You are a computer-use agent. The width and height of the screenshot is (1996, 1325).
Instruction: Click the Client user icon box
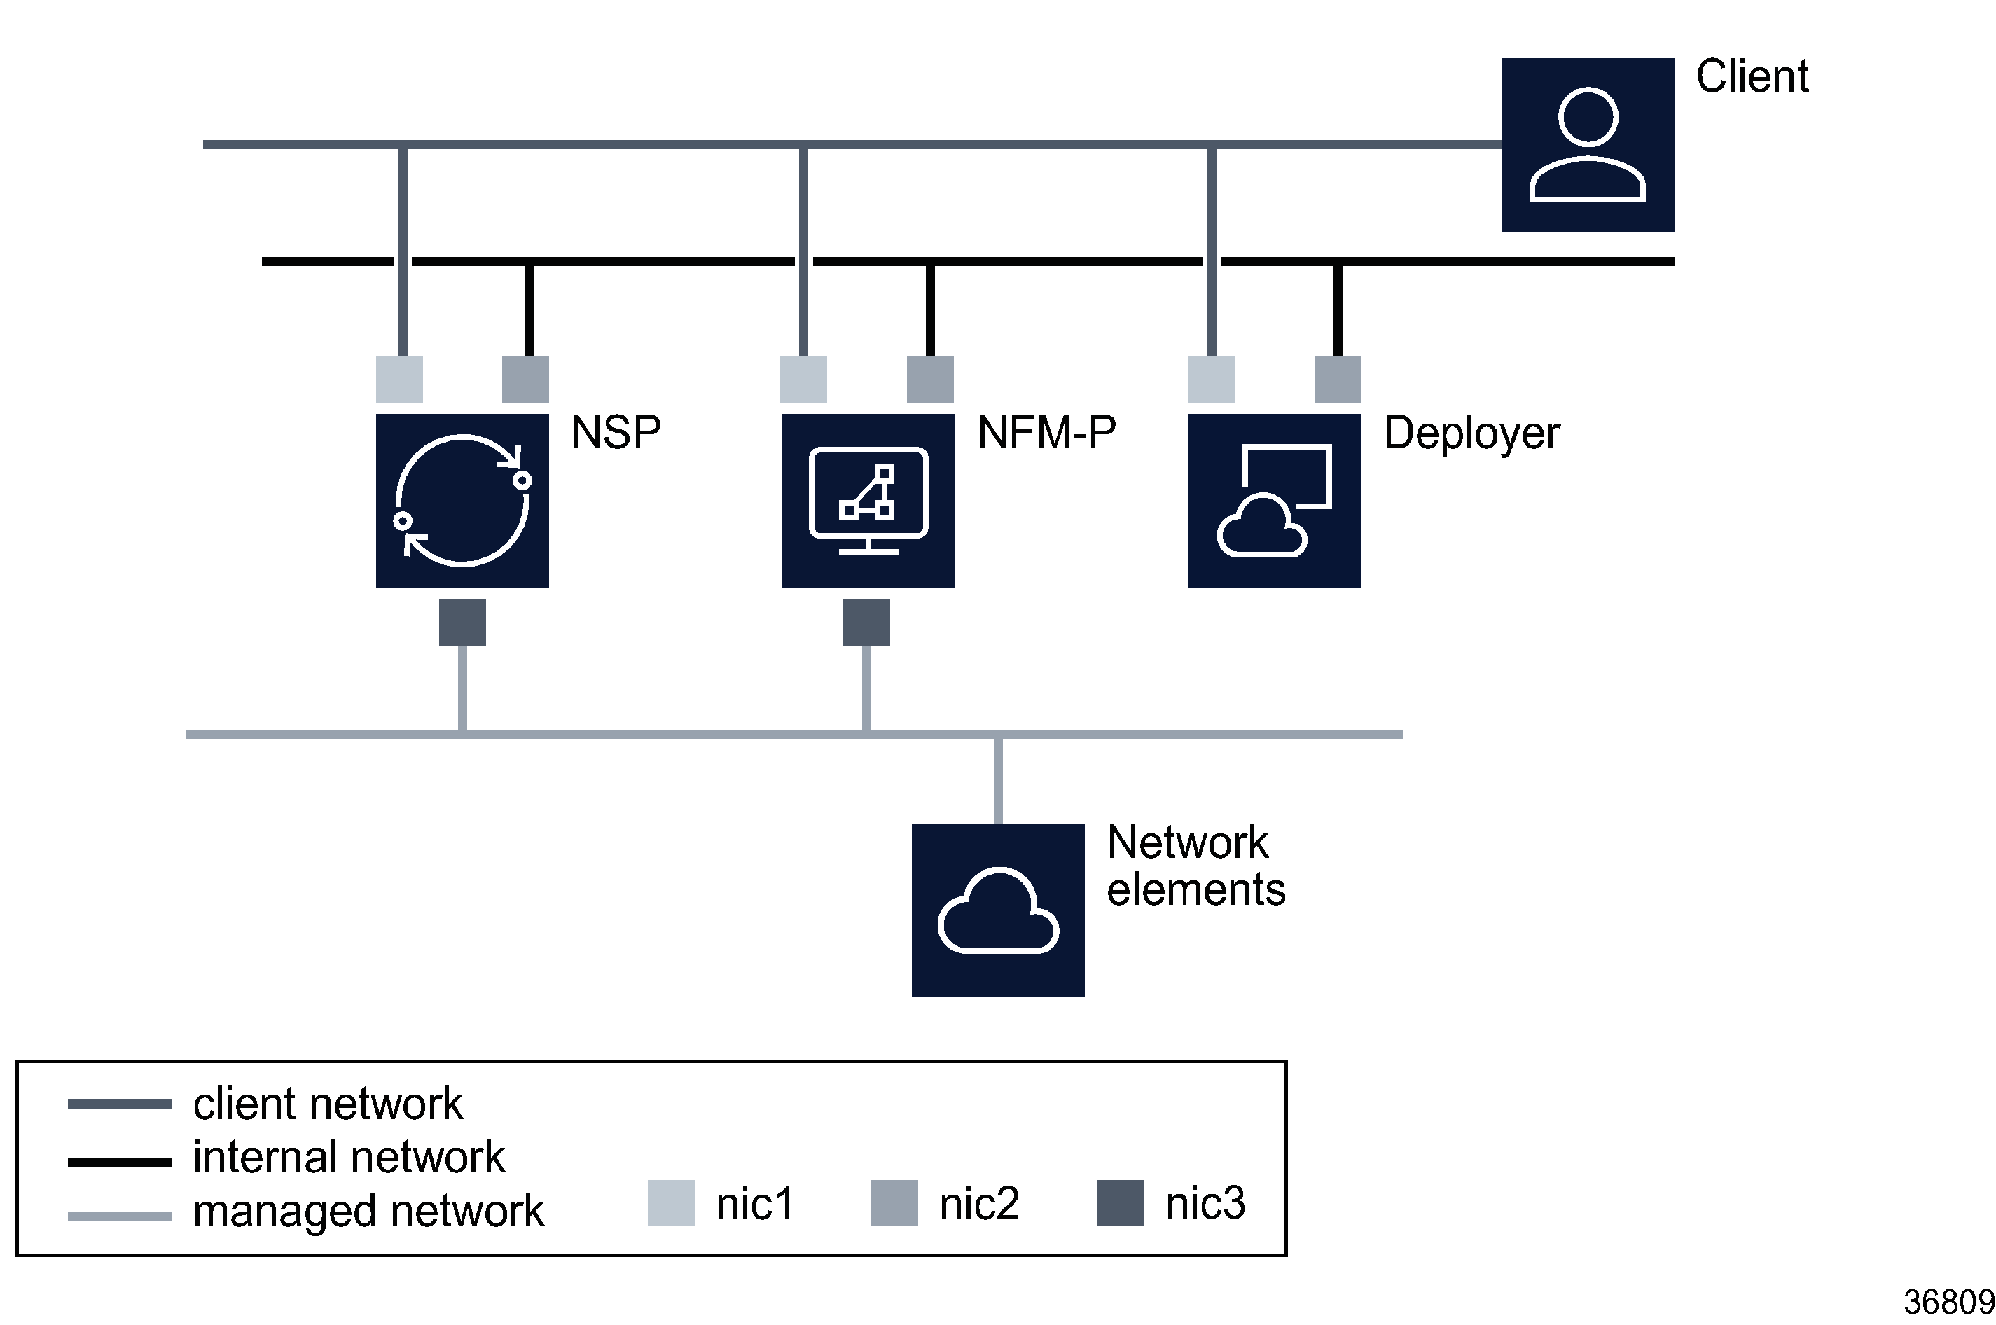pos(1586,144)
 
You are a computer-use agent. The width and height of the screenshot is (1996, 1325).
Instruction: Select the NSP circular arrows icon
pos(462,500)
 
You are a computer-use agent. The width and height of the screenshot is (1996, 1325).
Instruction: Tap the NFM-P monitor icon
pos(868,500)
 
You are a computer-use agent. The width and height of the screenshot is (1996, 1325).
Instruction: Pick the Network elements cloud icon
pos(997,910)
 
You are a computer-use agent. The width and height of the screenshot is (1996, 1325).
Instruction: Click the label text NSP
pos(616,433)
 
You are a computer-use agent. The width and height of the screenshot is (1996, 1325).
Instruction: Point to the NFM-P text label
pos(1046,433)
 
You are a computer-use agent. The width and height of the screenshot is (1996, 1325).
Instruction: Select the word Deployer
pos(1470,433)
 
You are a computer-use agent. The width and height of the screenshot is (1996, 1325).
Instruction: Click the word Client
pos(1751,76)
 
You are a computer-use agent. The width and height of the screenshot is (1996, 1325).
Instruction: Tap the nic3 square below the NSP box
pos(462,622)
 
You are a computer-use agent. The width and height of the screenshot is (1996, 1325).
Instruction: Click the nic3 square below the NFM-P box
pos(866,622)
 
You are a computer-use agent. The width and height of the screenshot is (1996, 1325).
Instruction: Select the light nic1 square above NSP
pos(399,380)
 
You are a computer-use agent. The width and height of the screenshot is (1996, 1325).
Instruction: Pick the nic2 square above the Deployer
pos(1337,380)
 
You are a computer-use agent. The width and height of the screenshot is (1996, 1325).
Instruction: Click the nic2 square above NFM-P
pos(929,380)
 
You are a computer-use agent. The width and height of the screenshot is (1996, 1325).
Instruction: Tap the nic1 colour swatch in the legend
pos(670,1202)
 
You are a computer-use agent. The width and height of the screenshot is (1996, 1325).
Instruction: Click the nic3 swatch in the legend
pos(1119,1202)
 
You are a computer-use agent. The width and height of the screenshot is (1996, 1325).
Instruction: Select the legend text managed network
pos(368,1210)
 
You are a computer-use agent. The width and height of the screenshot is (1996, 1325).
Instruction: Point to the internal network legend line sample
pos(119,1162)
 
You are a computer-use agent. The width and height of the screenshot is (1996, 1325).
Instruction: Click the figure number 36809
pos(1948,1302)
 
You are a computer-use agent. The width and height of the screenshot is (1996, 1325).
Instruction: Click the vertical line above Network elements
pos(998,780)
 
